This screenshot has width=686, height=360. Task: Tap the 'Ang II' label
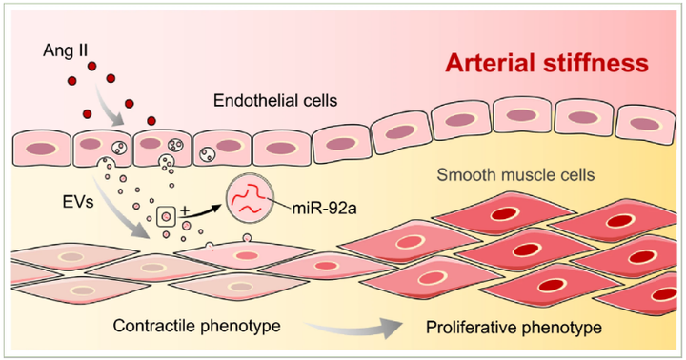[x=59, y=48]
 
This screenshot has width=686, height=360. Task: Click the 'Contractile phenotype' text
[x=196, y=326]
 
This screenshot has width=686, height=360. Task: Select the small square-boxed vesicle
[x=167, y=217]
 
